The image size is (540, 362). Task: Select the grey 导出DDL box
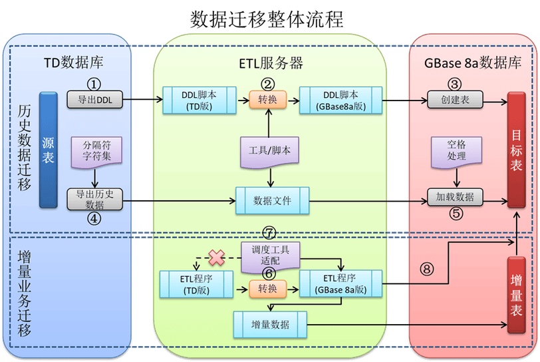94,100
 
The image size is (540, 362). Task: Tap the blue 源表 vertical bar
48,150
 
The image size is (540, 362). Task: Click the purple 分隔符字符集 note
96,152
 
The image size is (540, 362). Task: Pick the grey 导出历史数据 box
94,199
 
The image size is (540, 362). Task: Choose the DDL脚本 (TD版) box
200,100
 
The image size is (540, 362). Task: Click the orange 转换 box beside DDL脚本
267,100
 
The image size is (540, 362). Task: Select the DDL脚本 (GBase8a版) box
340,100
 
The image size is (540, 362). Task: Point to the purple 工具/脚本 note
269,152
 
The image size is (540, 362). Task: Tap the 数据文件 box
272,200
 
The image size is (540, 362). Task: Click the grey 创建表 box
455,100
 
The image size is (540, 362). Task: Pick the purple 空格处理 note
456,152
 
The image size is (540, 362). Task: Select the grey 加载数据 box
455,197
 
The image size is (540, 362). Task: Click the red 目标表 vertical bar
516,150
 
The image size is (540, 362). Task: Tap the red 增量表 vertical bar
516,295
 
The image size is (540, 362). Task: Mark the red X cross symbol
217,258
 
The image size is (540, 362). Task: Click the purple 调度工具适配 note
271,257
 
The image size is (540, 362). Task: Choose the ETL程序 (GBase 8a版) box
340,283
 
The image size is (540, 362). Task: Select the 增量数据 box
270,325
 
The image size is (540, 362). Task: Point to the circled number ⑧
427,269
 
